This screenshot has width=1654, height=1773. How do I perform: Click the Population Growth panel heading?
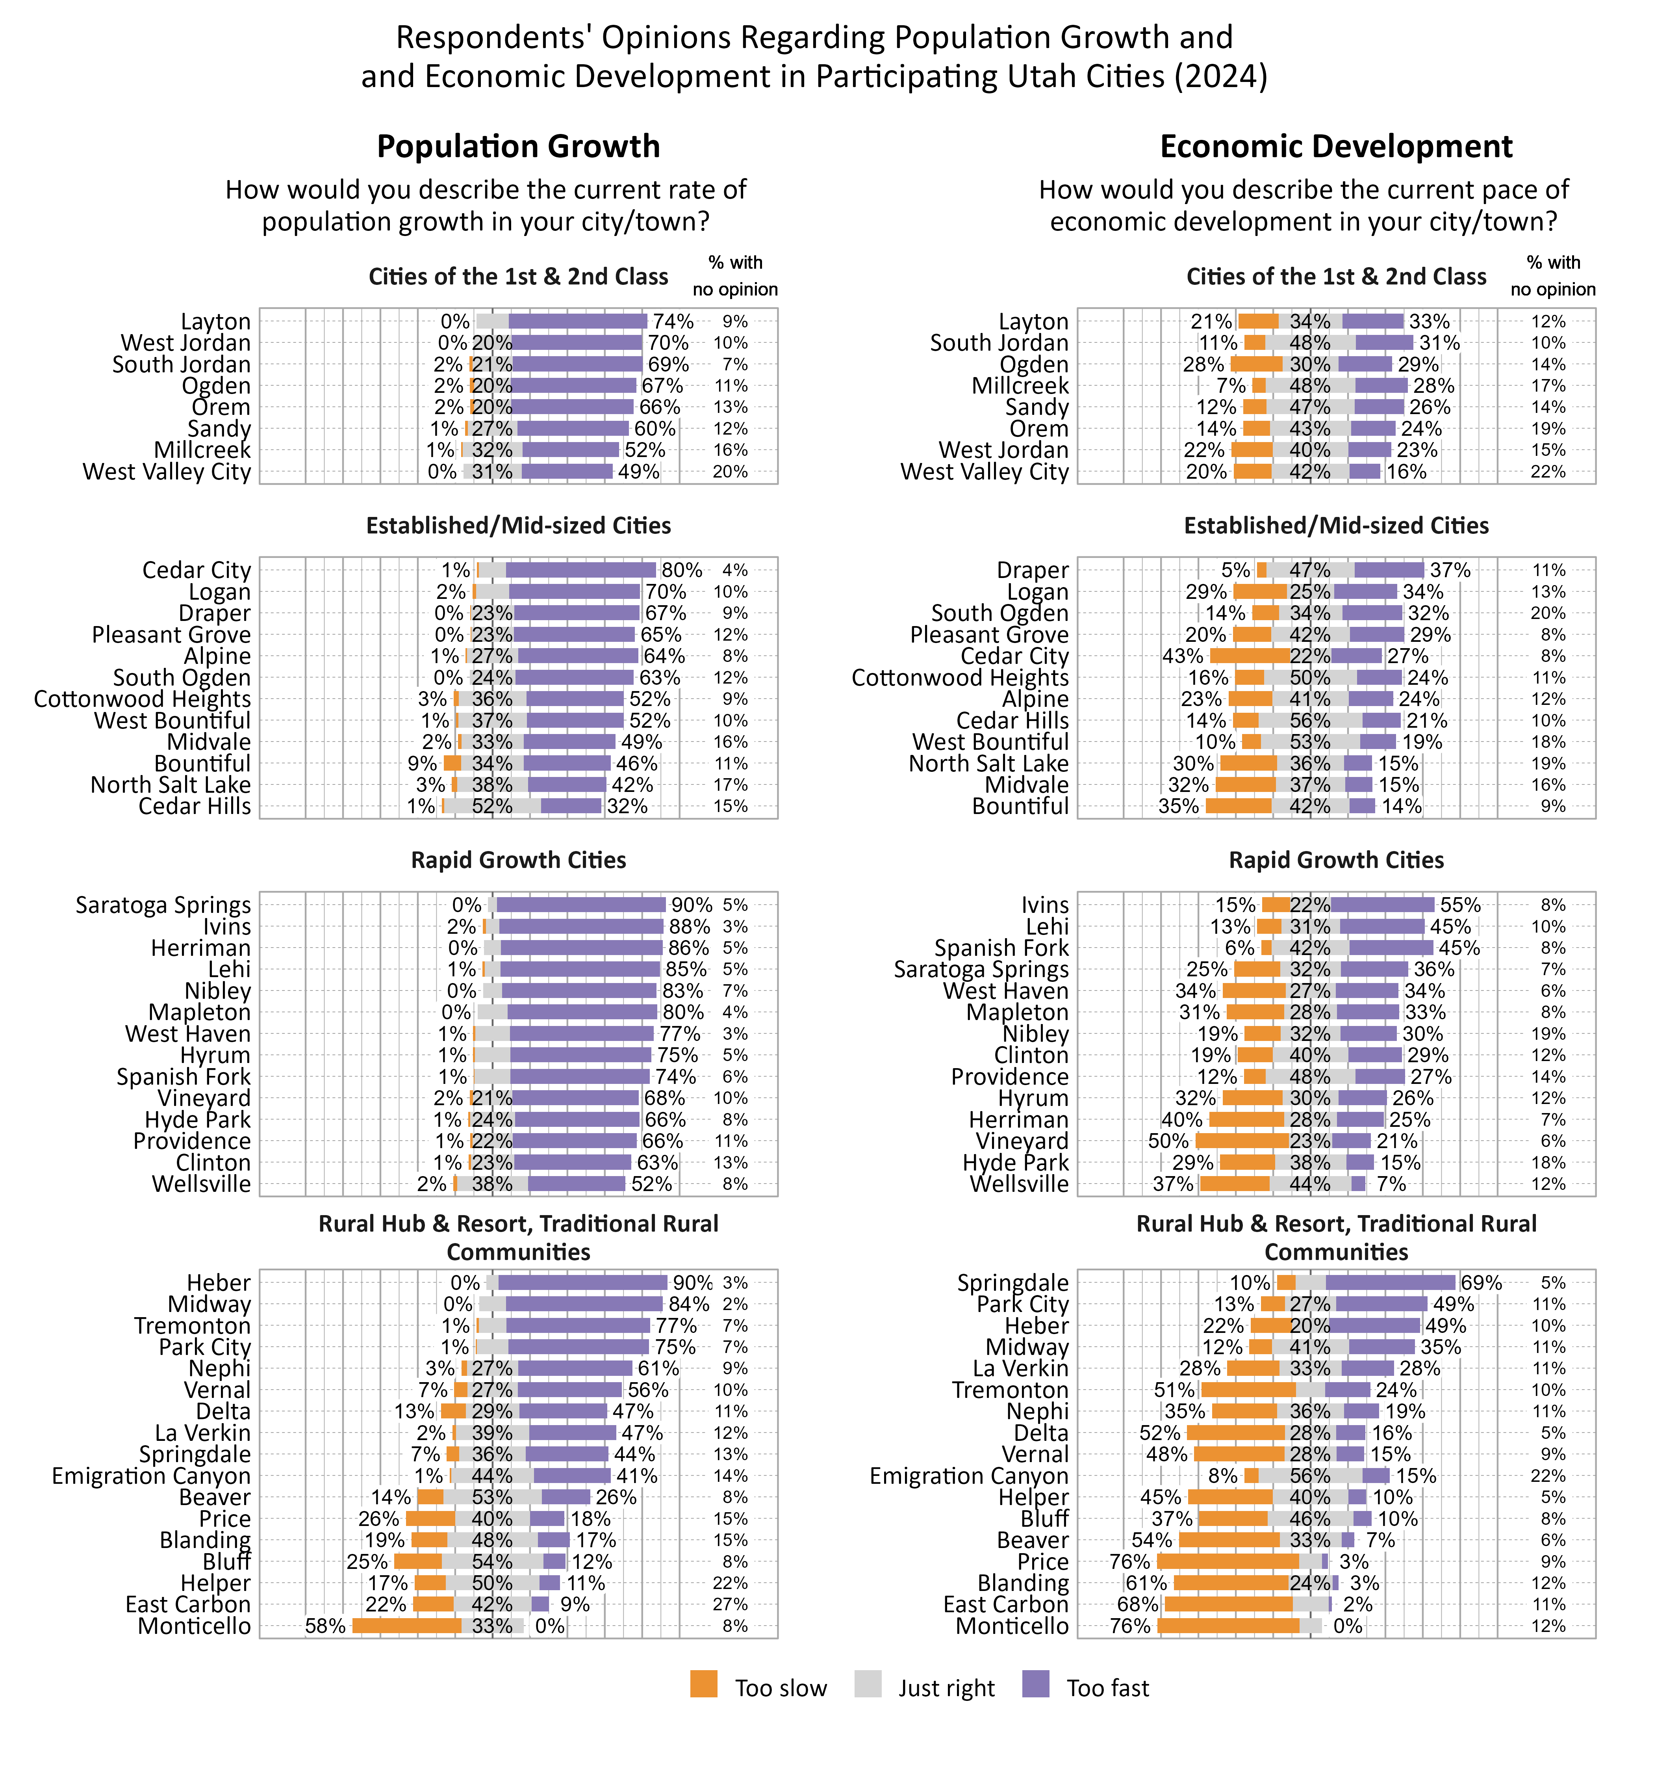(518, 146)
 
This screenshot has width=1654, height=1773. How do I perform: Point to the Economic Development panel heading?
(1336, 146)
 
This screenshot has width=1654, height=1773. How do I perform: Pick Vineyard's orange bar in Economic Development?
(1242, 1141)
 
